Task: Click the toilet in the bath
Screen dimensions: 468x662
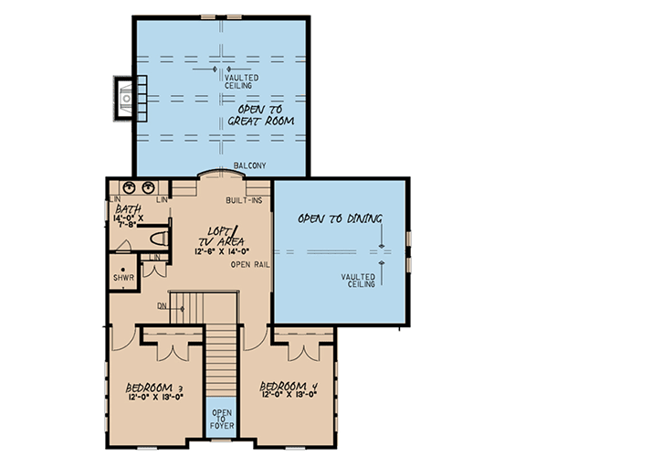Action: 159,239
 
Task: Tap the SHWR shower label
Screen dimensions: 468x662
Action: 121,276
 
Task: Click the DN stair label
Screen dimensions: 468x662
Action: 162,306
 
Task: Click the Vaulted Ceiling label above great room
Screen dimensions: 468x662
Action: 241,82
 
